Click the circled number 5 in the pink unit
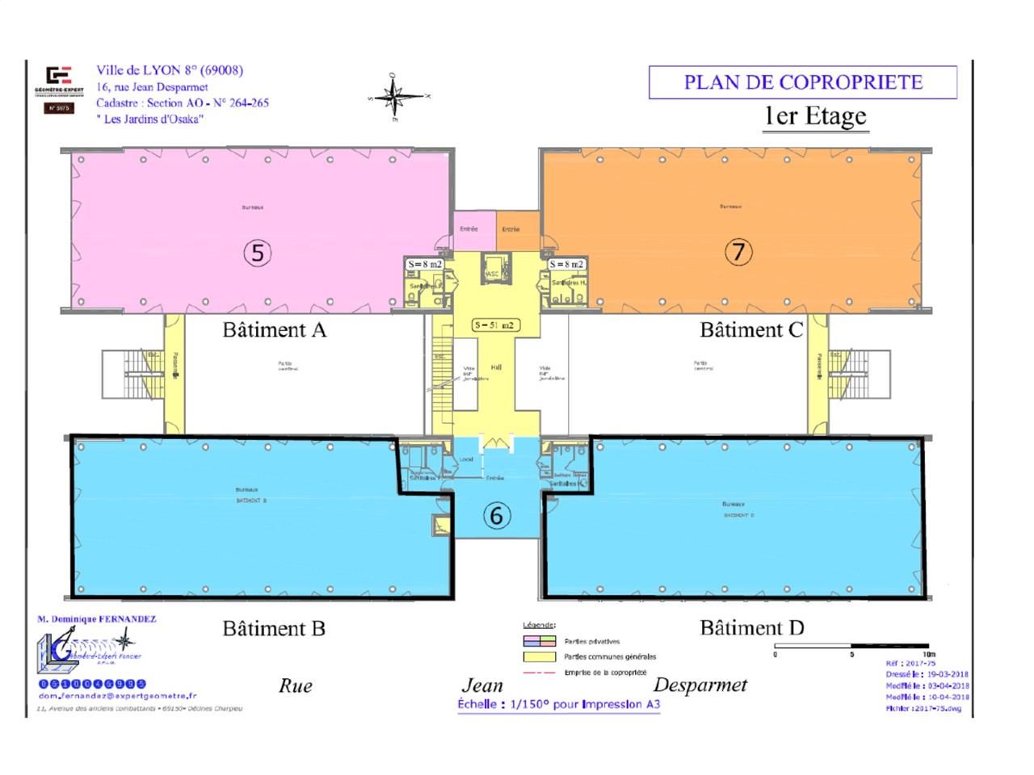coord(257,253)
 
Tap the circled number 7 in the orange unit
coord(738,252)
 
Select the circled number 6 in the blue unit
coord(497,515)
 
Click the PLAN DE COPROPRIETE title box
coord(803,82)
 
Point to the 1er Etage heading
coord(815,116)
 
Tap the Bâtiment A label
coord(274,330)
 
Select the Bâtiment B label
coord(274,628)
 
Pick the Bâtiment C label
coord(751,330)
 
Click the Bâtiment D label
coord(751,628)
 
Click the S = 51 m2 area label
coord(495,325)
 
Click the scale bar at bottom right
coord(852,646)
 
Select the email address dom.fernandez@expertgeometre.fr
coord(116,696)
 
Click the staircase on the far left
coord(124,375)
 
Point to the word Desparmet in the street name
coord(700,685)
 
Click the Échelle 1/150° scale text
coord(558,704)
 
